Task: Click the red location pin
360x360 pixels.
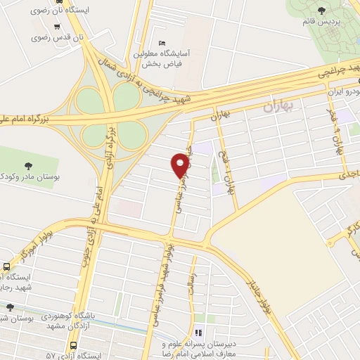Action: pos(180,165)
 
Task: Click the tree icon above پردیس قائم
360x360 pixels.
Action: pos(322,10)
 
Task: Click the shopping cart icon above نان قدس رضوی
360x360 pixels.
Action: pos(57,26)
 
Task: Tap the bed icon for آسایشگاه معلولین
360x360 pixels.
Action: pos(161,43)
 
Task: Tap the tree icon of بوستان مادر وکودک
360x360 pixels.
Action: pos(28,166)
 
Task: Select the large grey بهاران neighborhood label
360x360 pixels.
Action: pos(276,108)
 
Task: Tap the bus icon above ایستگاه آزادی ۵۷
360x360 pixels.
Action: pos(73,345)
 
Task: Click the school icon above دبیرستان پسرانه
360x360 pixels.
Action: pos(198,333)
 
